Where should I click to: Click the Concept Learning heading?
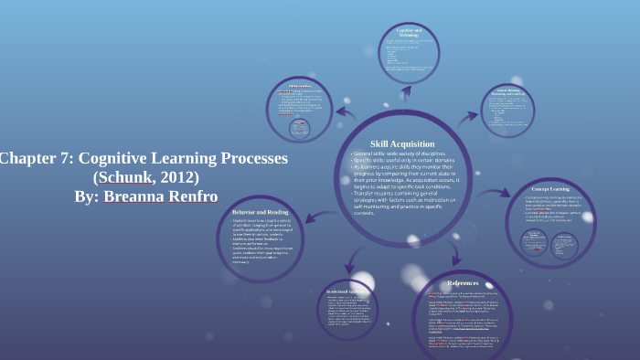(551, 189)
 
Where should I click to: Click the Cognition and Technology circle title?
(407, 33)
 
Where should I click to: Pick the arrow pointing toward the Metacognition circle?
(347, 112)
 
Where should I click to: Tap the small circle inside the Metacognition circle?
(298, 129)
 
